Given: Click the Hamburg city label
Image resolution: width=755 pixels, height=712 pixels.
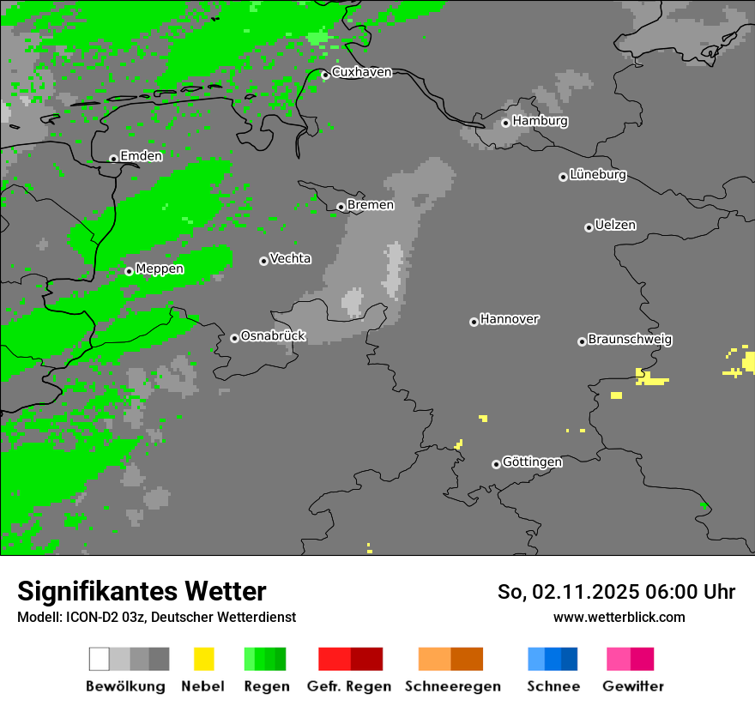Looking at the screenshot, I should pyautogui.click(x=540, y=121).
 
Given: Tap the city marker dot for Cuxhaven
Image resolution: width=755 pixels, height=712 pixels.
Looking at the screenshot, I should pyautogui.click(x=325, y=75).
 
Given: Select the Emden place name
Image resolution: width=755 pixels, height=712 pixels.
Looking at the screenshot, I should pyautogui.click(x=141, y=156).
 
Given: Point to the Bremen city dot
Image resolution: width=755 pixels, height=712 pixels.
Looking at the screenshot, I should pyautogui.click(x=341, y=207).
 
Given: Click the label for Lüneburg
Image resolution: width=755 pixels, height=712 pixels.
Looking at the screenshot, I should pyautogui.click(x=598, y=175).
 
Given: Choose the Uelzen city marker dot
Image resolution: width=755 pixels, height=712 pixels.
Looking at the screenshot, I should pyautogui.click(x=589, y=227).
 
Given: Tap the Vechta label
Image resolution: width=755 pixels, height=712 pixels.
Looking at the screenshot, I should pyautogui.click(x=290, y=258).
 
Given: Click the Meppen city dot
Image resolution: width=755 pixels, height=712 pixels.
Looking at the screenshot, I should pyautogui.click(x=129, y=271).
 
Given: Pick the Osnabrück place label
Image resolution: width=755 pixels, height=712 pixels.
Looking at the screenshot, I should pyautogui.click(x=273, y=336).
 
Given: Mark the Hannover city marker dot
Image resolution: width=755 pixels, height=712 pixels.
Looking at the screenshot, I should pyautogui.click(x=474, y=322).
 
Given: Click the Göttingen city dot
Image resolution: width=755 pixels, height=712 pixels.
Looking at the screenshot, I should pyautogui.click(x=496, y=464).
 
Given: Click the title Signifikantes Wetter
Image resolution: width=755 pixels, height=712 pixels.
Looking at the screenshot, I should pyautogui.click(x=142, y=591).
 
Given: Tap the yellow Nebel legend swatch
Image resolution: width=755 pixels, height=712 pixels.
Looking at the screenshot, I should pyautogui.click(x=204, y=659).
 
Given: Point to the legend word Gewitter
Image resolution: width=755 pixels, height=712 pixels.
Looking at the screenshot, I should pyautogui.click(x=632, y=686).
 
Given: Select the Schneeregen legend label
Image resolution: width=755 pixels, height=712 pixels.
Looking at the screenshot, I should pyautogui.click(x=452, y=686).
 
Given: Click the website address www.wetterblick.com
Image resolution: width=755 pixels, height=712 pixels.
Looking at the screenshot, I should pyautogui.click(x=619, y=617).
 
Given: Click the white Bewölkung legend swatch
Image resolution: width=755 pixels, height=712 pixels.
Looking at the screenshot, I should pyautogui.click(x=99, y=659).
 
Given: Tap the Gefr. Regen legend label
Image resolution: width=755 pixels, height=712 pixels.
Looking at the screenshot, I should pyautogui.click(x=349, y=686).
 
